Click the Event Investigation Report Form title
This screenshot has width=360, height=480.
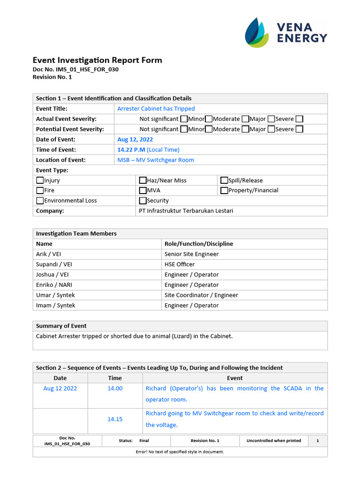(97, 60)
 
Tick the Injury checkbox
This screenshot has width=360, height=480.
(40, 180)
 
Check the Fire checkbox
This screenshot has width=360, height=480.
(40, 190)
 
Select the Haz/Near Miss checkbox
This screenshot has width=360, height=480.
(143, 180)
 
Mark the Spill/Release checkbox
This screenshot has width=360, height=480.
(225, 180)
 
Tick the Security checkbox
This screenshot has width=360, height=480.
(143, 201)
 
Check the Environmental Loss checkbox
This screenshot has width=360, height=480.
(40, 201)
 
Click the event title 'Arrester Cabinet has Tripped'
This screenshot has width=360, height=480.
(156, 109)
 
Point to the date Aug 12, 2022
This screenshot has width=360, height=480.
(135, 139)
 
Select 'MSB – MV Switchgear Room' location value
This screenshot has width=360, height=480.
(156, 160)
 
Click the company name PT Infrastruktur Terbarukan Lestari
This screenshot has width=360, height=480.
(186, 211)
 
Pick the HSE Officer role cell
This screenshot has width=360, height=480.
(180, 264)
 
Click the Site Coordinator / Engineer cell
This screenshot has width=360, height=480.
(201, 295)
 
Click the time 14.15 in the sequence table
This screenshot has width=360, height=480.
(115, 419)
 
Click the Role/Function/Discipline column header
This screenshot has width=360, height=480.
(199, 244)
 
